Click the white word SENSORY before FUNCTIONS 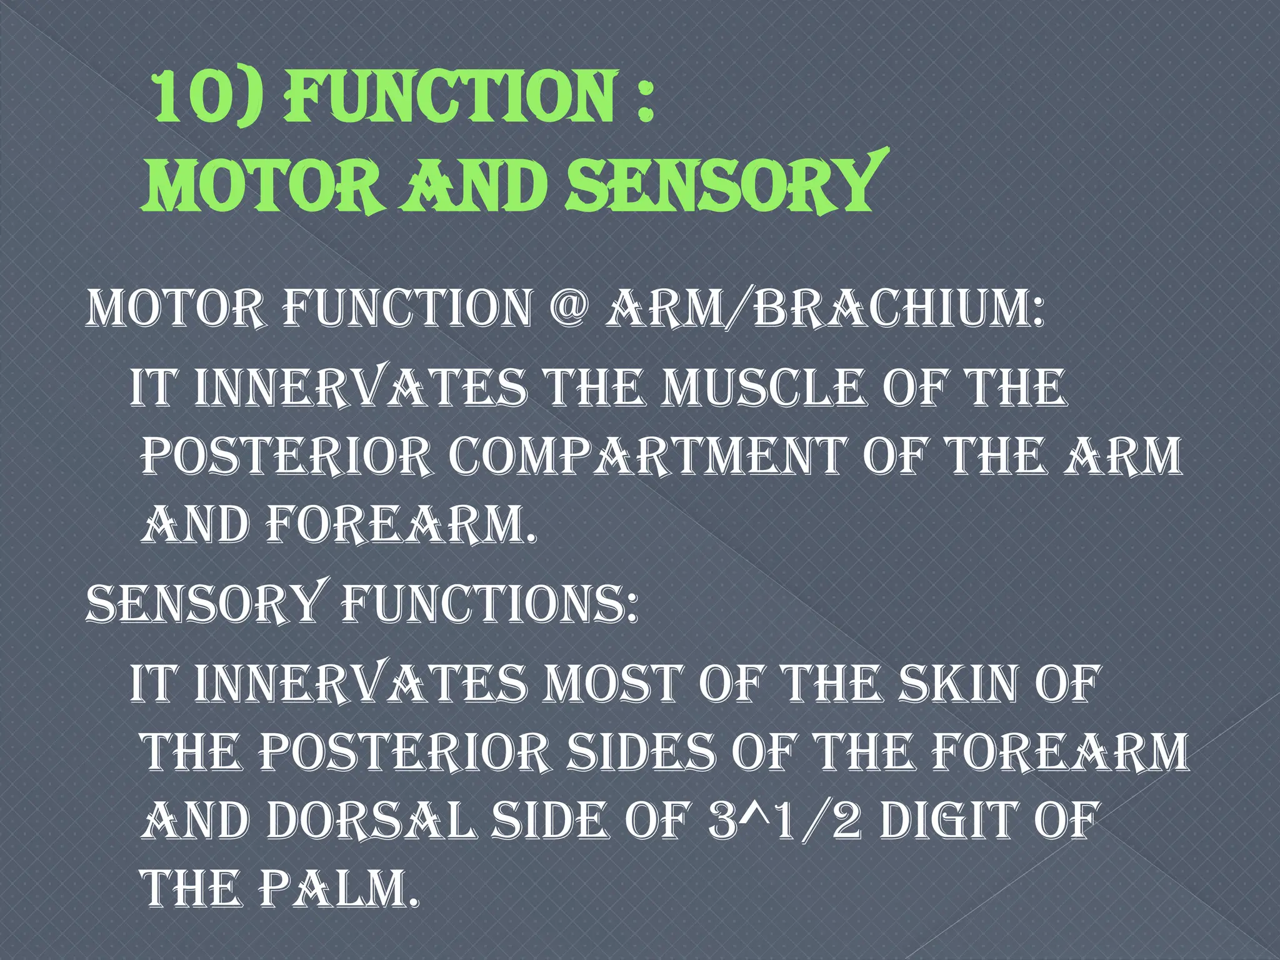[204, 605]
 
